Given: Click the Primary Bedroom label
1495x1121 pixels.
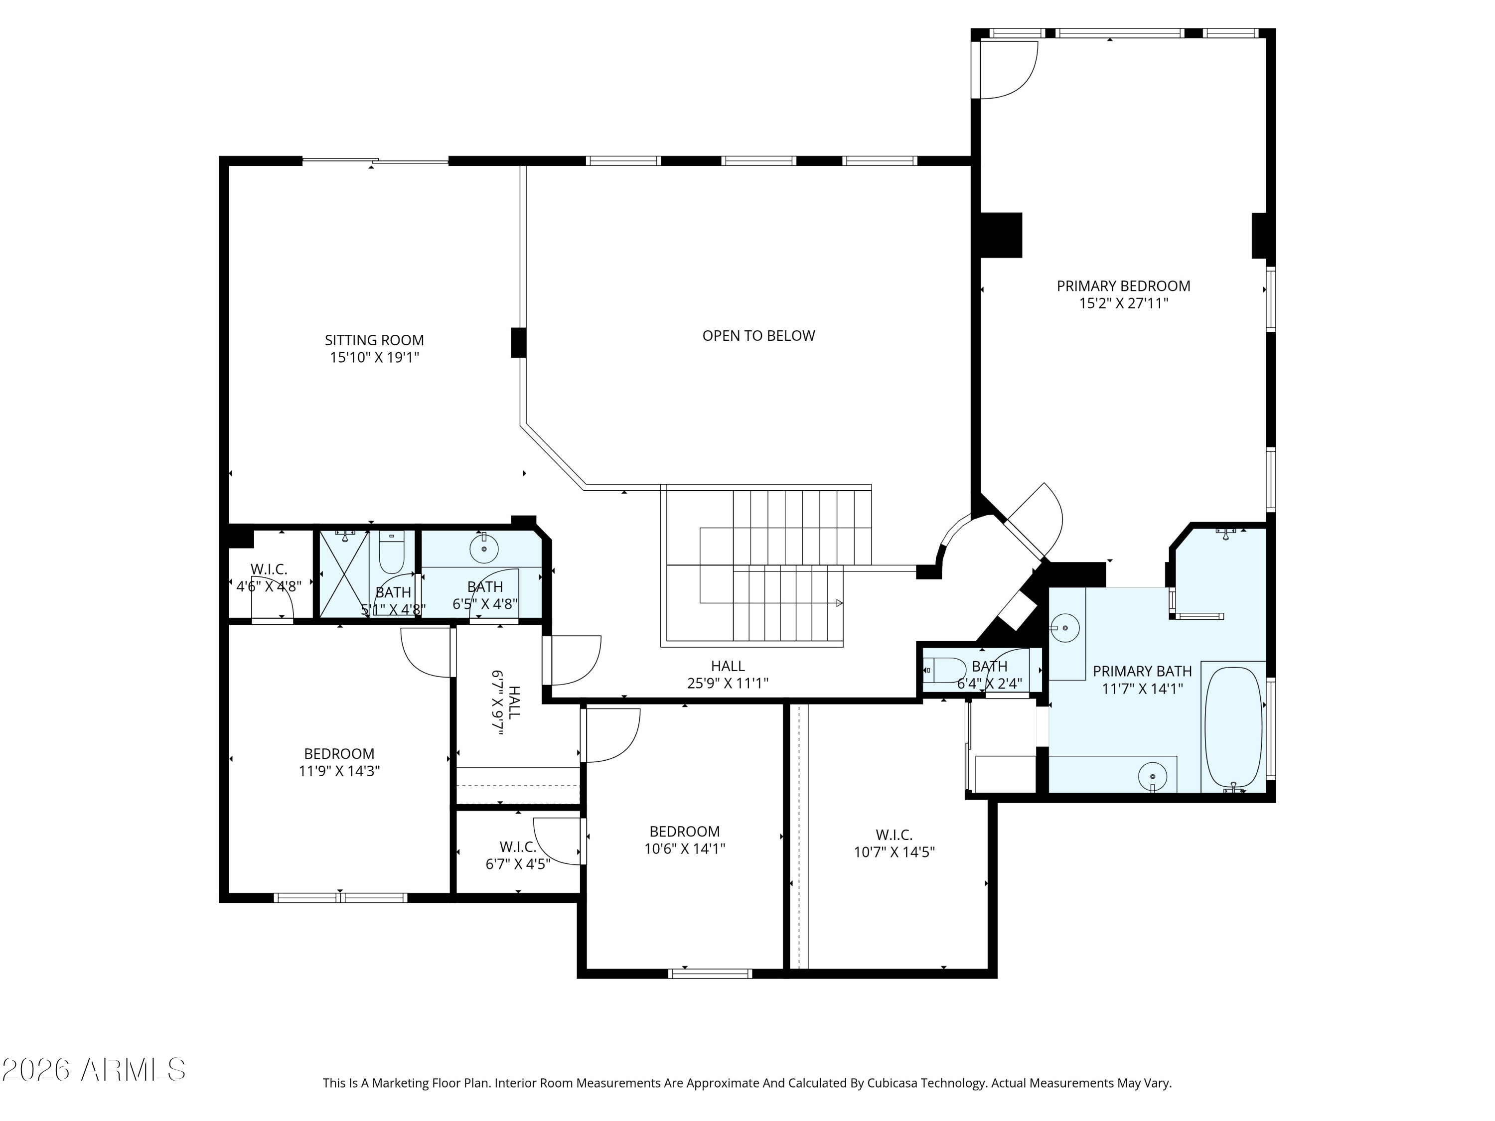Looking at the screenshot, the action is pyautogui.click(x=1123, y=286).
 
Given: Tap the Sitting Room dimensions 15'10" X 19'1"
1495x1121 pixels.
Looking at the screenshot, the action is pyautogui.click(x=374, y=357).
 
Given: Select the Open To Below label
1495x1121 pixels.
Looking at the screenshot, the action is pyautogui.click(x=758, y=336).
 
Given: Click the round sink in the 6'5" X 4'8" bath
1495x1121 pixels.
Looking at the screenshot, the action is pyautogui.click(x=484, y=549).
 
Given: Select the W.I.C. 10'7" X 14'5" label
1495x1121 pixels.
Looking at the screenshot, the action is pyautogui.click(x=894, y=844).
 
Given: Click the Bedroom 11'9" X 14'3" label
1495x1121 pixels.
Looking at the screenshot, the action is pyautogui.click(x=339, y=762).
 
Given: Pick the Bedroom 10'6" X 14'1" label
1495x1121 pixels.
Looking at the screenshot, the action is pyautogui.click(x=685, y=840).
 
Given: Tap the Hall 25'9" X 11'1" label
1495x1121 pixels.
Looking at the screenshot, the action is pyautogui.click(x=728, y=675).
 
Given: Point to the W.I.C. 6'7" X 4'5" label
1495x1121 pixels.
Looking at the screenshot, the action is pyautogui.click(x=518, y=855).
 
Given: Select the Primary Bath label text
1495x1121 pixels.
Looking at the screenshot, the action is pyautogui.click(x=1142, y=671).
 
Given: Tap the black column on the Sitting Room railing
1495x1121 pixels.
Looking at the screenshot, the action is pyautogui.click(x=518, y=343).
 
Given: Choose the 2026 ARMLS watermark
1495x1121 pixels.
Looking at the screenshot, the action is pyautogui.click(x=94, y=1069).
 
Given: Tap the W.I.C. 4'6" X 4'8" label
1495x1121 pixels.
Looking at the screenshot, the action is pyautogui.click(x=269, y=578).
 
